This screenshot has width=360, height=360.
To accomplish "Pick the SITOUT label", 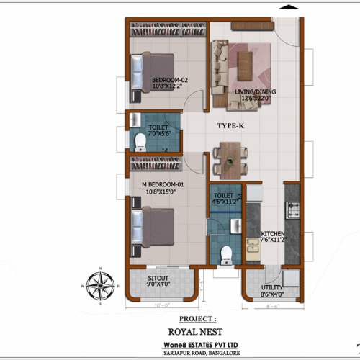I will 158,279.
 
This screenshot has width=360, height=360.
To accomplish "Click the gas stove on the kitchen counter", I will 293,210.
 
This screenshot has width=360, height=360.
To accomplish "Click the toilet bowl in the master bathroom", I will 227,253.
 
